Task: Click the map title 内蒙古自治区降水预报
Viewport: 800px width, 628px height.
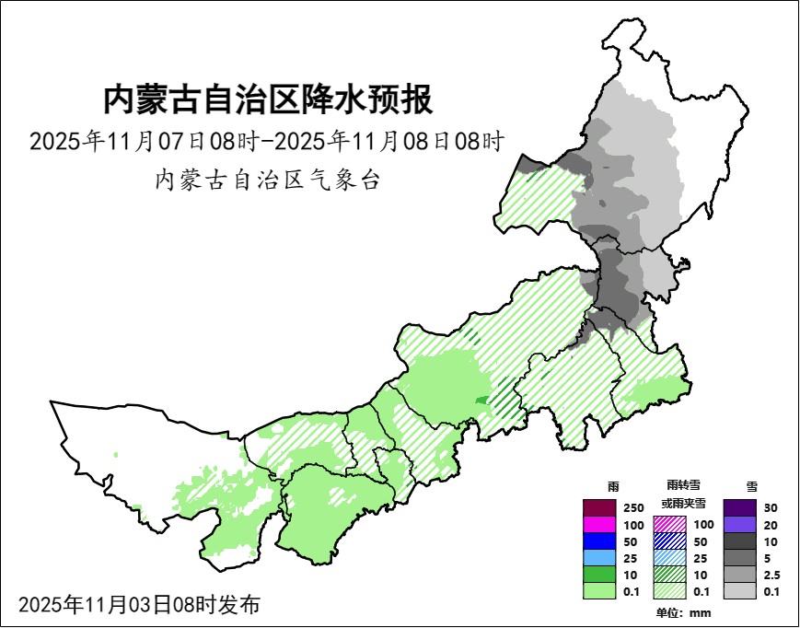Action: pyautogui.click(x=268, y=99)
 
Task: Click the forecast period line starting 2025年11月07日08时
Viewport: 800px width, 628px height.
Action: pyautogui.click(x=268, y=143)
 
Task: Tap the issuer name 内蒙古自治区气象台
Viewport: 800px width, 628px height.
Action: pyautogui.click(x=268, y=180)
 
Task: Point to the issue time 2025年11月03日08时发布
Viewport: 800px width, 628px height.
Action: pyautogui.click(x=139, y=605)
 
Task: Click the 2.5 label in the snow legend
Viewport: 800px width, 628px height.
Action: pyautogui.click(x=772, y=575)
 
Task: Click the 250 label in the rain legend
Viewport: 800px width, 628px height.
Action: pyautogui.click(x=633, y=508)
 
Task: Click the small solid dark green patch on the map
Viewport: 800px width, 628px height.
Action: pyautogui.click(x=481, y=399)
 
